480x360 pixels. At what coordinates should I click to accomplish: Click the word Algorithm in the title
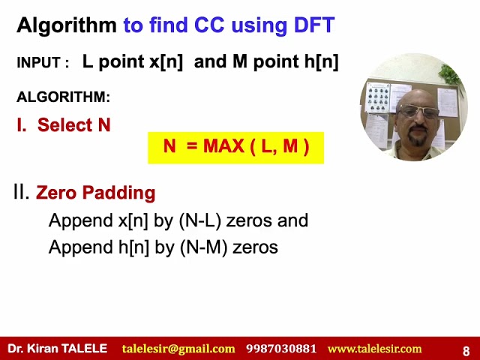[x=67, y=25]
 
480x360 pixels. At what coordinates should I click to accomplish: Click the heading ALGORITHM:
[x=63, y=97]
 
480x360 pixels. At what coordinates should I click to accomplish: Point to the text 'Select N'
[x=73, y=125]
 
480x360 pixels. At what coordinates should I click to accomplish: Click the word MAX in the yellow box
[x=228, y=146]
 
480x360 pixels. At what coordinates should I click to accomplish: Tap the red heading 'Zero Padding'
[x=95, y=193]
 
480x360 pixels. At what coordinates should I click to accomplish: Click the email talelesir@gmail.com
[x=178, y=349]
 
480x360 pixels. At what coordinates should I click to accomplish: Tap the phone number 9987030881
[x=281, y=349]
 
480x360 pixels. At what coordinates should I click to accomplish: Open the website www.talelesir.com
[x=374, y=349]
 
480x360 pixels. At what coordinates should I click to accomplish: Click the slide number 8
[x=466, y=350]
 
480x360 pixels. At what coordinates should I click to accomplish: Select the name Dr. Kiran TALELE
[x=58, y=349]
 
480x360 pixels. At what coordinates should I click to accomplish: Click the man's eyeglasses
[x=418, y=112]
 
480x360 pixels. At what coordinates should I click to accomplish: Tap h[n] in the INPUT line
[x=316, y=62]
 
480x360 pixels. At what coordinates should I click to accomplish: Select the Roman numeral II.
[x=21, y=192]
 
